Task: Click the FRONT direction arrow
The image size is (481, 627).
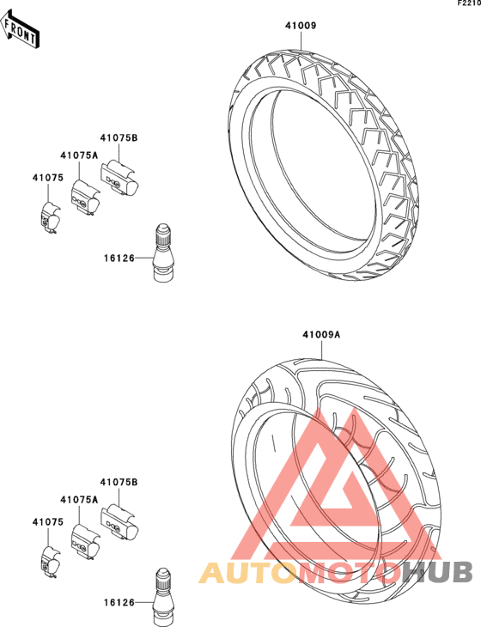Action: pos(20,29)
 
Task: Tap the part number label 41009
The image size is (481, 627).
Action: pos(301,26)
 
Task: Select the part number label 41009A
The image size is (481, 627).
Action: pos(321,334)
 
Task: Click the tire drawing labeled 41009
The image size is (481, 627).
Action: pos(325,165)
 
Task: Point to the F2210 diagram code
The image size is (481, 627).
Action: pos(470,3)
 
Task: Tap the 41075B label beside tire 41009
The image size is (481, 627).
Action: pos(119,138)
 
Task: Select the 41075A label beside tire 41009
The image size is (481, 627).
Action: pos(79,155)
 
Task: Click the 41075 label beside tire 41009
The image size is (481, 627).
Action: pos(48,178)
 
